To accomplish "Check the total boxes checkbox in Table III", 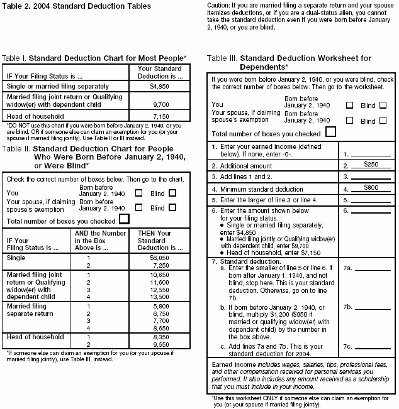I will [x=331, y=132].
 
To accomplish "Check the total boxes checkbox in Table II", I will [x=124, y=219].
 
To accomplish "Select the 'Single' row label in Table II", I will [x=16, y=257].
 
